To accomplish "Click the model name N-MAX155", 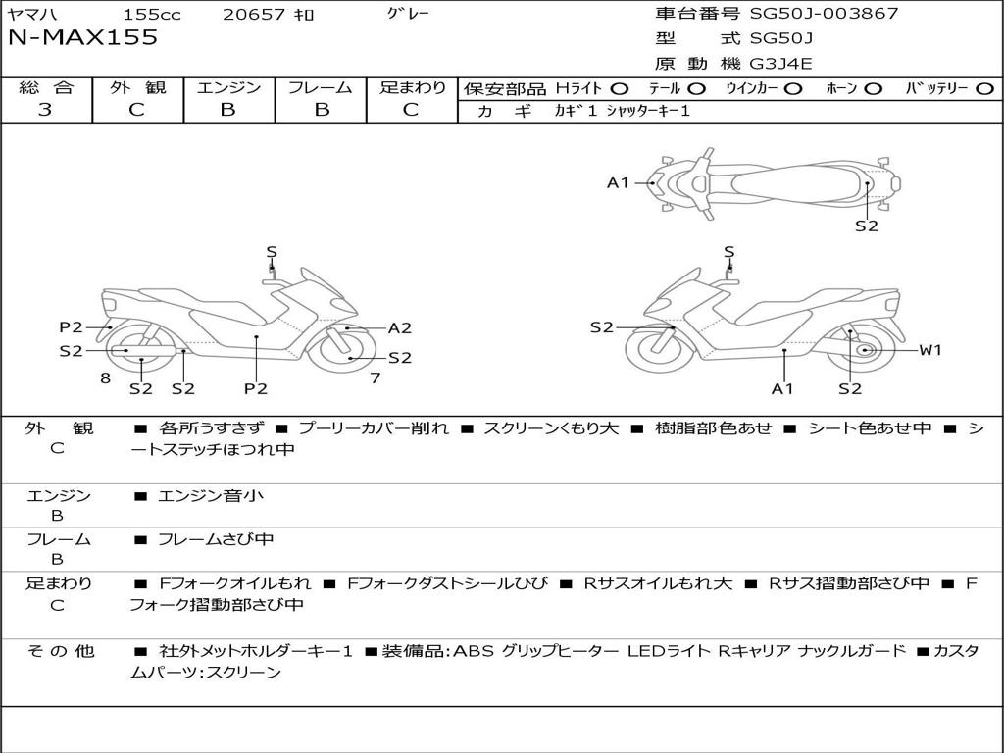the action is [x=82, y=38].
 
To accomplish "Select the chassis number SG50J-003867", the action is [x=824, y=14].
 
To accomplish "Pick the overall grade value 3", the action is [x=45, y=110].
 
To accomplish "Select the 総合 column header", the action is [x=45, y=88].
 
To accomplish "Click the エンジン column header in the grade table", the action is [x=228, y=88].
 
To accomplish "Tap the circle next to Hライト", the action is [x=619, y=89].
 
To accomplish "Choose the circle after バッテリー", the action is [x=985, y=89].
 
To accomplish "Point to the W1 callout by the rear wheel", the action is [x=929, y=350].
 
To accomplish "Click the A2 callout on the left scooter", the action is [x=399, y=328].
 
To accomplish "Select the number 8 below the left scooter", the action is [x=105, y=377].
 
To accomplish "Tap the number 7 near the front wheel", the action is [x=376, y=377].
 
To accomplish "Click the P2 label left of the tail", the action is [x=71, y=327].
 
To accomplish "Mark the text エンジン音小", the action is [x=211, y=496].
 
